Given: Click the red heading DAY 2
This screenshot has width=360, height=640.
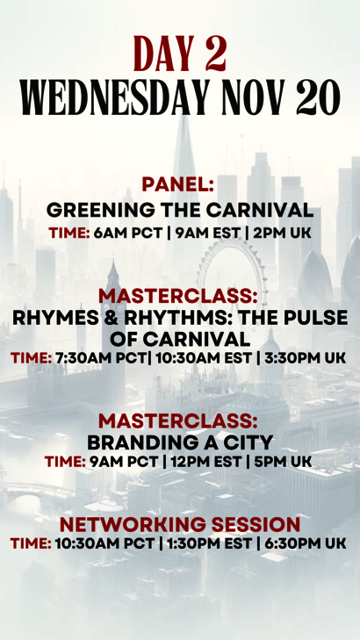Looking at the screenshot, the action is pos(180,53).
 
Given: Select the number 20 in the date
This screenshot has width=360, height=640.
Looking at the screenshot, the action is pos(318,97).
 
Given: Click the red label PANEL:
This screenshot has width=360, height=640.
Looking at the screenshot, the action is pos(178,185).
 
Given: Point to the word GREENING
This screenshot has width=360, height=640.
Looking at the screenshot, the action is pos(100,210).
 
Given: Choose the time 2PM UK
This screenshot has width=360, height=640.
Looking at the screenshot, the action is pos(282,233).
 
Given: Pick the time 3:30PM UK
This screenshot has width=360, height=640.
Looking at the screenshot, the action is pos(305,358).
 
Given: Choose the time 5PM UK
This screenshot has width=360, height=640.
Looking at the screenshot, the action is pos(283,462).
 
